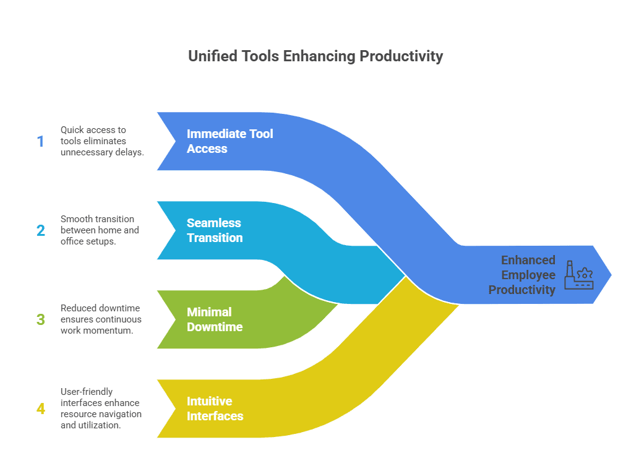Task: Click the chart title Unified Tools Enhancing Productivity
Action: [315, 56]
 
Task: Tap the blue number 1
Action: [41, 141]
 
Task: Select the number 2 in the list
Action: [41, 230]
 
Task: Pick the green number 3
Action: [41, 319]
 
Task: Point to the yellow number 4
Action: [41, 409]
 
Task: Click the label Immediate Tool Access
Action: [230, 141]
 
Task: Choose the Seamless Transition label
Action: [215, 230]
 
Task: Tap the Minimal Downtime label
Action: [215, 319]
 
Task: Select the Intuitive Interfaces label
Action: [215, 409]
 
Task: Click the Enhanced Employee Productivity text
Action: [522, 275]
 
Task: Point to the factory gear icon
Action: [578, 275]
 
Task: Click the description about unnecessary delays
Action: [102, 141]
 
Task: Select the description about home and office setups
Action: [100, 230]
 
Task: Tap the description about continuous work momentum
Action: [101, 319]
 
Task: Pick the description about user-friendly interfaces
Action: [101, 409]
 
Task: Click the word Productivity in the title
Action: [401, 56]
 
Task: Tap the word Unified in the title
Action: [213, 56]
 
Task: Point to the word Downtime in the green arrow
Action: [215, 327]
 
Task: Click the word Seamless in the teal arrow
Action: [213, 223]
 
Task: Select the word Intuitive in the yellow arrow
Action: [209, 401]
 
